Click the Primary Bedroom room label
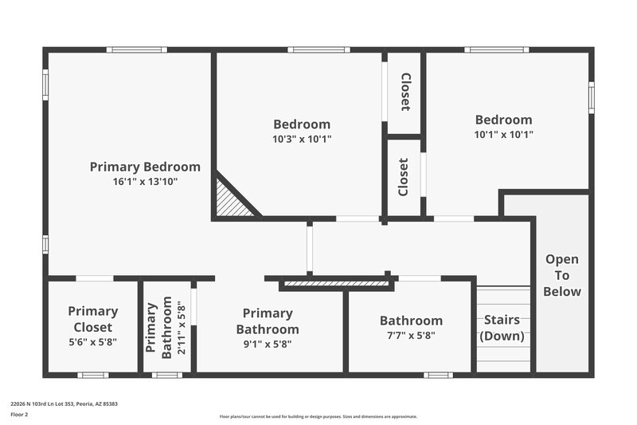tap(144, 167)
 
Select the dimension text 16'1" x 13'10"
tap(144, 181)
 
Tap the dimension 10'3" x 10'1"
tap(302, 138)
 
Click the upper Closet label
tap(405, 92)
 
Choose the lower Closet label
tap(404, 176)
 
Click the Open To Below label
tap(561, 275)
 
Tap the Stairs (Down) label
tap(502, 328)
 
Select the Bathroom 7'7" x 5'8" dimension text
tap(411, 336)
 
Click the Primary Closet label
tap(92, 319)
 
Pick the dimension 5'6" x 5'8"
tap(92, 343)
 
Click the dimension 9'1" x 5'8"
tap(268, 344)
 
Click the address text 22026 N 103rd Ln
tap(64, 404)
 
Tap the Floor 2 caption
tap(19, 415)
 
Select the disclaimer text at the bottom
tap(318, 416)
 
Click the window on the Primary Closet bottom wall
tap(92, 375)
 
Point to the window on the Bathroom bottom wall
tap(438, 375)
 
